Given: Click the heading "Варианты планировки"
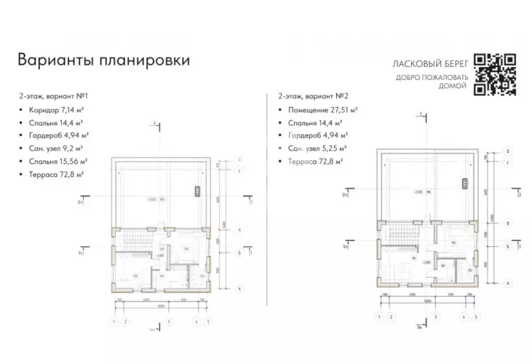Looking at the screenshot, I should pos(104,60).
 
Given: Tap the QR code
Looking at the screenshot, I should pos(495,75).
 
